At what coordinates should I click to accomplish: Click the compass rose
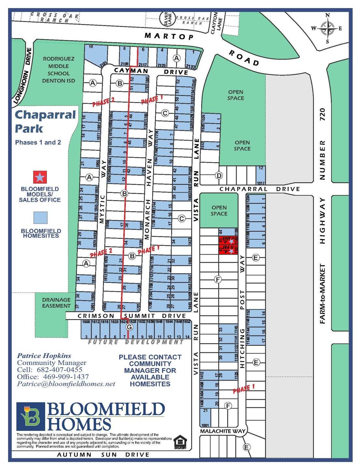[328, 28]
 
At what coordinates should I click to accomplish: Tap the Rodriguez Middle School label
[59, 70]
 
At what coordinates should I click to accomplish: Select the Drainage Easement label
[56, 303]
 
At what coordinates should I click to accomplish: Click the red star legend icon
[40, 177]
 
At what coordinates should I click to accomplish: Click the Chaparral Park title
[45, 122]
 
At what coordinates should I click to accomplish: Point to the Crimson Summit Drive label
[132, 316]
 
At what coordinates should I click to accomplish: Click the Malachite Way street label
[222, 431]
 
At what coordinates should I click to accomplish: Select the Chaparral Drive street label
[260, 189]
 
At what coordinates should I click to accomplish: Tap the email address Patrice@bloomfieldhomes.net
[66, 384]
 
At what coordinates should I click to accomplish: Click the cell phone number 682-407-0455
[60, 370]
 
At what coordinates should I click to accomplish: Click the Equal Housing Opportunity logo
[180, 442]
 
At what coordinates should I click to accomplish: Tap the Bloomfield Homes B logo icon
[30, 416]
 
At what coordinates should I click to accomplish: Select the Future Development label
[136, 342]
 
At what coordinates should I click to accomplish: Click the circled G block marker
[130, 327]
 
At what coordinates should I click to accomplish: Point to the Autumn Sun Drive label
[103, 455]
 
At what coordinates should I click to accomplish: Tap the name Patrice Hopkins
[44, 356]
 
